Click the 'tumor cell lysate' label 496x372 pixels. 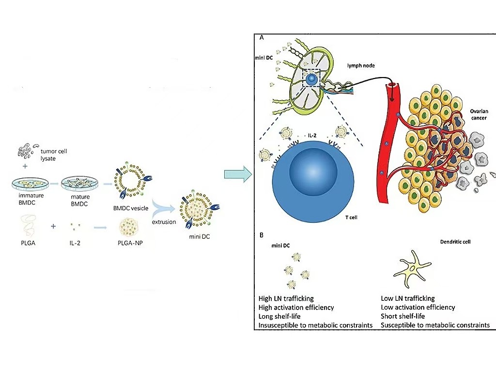coord(53,155)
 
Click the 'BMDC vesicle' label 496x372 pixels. coord(131,208)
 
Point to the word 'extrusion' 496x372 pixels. coord(164,222)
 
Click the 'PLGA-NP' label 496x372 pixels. coord(130,243)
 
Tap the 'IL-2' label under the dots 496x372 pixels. coord(75,243)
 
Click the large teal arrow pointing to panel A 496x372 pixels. coord(238,174)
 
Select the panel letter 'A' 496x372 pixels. coord(262,37)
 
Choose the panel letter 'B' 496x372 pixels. coord(261,235)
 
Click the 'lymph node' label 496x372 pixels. coord(361,65)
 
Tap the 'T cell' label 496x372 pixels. coord(351,217)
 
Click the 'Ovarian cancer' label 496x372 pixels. coord(479,114)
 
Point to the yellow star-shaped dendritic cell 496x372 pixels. coord(412,268)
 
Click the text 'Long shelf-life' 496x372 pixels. coord(279,316)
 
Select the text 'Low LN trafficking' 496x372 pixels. coord(408,298)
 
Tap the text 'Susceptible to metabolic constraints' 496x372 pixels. coord(435,325)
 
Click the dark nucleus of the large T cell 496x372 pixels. coord(313,172)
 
